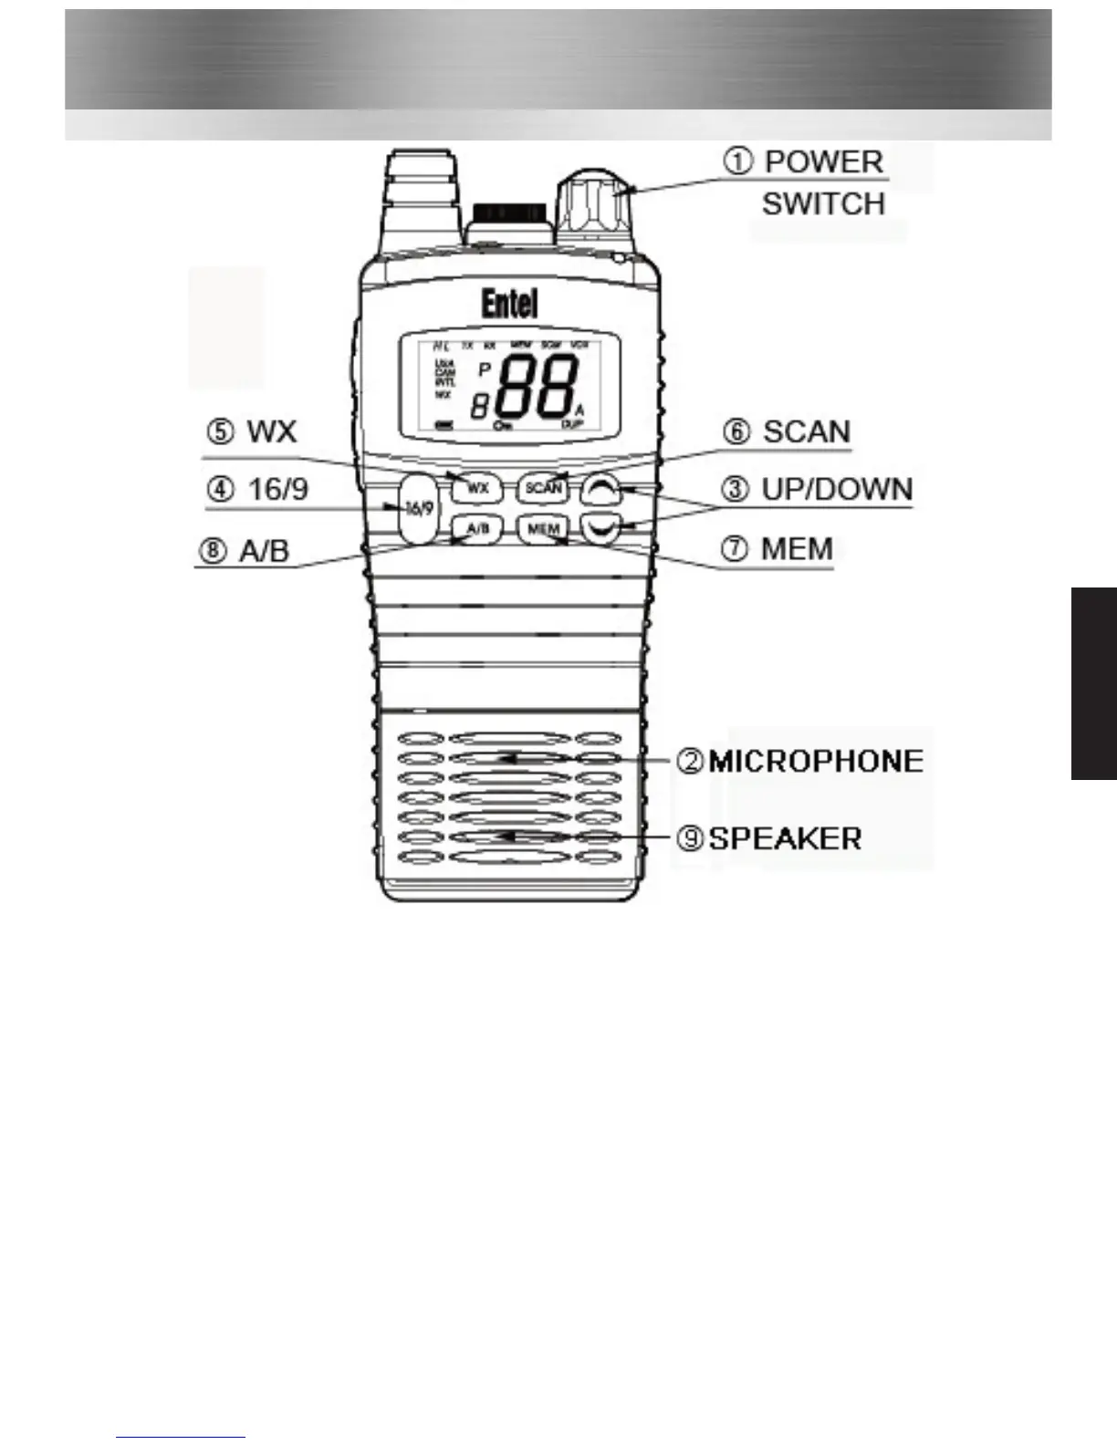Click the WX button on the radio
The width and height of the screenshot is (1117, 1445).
[x=478, y=488]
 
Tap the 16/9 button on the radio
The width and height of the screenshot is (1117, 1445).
[x=418, y=507]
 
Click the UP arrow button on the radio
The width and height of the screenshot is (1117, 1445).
[x=603, y=491]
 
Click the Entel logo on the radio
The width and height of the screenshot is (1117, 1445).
[x=509, y=304]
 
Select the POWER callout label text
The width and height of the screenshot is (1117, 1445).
[x=824, y=162]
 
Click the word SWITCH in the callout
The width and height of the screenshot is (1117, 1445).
[x=823, y=203]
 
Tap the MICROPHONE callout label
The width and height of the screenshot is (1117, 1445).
[x=816, y=761]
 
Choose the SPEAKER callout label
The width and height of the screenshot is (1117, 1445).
[x=785, y=837]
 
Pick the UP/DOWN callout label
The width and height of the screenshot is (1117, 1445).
[x=837, y=490]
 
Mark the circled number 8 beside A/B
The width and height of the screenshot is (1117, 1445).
[x=214, y=551]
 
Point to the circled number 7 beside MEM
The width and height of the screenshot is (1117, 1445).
[x=736, y=549]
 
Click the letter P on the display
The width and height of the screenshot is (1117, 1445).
[x=485, y=369]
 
